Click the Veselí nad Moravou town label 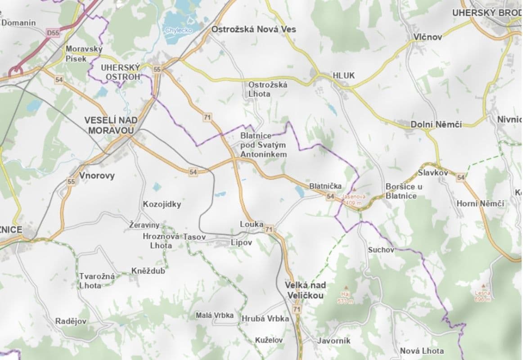click(x=109, y=125)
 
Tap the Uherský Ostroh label click(x=121, y=72)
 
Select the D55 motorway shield click(x=53, y=33)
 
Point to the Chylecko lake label click(x=179, y=30)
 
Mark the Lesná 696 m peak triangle click(x=483, y=286)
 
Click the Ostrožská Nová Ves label click(x=254, y=29)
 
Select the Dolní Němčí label click(x=436, y=124)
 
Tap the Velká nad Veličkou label click(x=305, y=290)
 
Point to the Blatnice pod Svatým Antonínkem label click(x=264, y=144)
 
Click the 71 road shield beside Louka click(x=269, y=230)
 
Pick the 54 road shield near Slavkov click(x=460, y=178)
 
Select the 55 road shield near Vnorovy click(x=71, y=182)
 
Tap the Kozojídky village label click(x=162, y=204)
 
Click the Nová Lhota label click(x=422, y=351)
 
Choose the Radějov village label click(x=71, y=321)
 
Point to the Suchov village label click(x=381, y=249)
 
